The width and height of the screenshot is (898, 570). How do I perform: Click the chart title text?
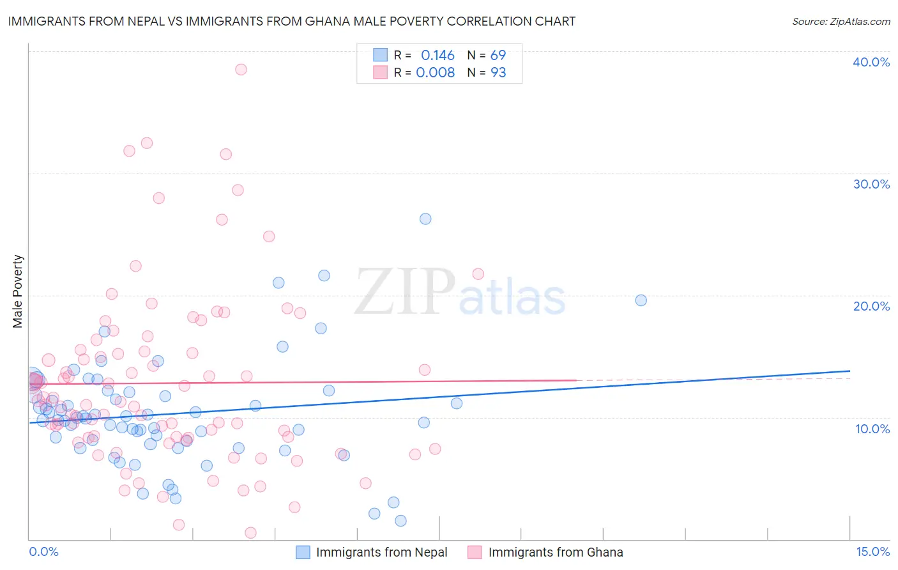pyautogui.click(x=291, y=21)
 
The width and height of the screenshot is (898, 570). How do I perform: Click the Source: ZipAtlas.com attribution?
pyautogui.click(x=841, y=21)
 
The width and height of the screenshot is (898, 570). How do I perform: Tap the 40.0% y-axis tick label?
pyautogui.click(x=871, y=62)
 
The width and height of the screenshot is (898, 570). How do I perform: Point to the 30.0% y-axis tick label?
pyautogui.click(x=871, y=184)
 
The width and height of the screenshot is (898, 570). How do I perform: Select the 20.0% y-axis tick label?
pyautogui.click(x=871, y=306)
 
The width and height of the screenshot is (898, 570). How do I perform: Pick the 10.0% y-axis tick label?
pyautogui.click(x=871, y=429)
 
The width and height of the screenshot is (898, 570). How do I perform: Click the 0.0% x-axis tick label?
pyautogui.click(x=43, y=551)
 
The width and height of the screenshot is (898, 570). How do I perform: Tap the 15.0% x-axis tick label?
pyautogui.click(x=872, y=551)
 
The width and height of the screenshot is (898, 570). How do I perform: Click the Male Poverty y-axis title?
pyautogui.click(x=18, y=291)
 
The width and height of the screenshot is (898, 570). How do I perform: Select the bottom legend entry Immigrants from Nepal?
pyautogui.click(x=381, y=552)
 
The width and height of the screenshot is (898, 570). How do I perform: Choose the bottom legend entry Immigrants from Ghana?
pyautogui.click(x=555, y=552)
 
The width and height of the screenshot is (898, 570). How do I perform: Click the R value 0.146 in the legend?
pyautogui.click(x=438, y=56)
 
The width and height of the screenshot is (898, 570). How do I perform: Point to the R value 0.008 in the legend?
pyautogui.click(x=435, y=72)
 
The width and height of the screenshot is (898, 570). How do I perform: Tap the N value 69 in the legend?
pyautogui.click(x=498, y=56)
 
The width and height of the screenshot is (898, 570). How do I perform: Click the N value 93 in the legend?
pyautogui.click(x=498, y=72)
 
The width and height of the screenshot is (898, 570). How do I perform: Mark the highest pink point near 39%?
pyautogui.click(x=241, y=69)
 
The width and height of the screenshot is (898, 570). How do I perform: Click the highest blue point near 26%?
pyautogui.click(x=425, y=219)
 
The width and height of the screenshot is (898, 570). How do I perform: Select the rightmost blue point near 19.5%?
pyautogui.click(x=641, y=300)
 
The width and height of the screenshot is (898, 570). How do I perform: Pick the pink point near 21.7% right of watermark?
pyautogui.click(x=478, y=274)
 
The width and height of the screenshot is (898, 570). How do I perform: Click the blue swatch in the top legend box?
pyautogui.click(x=381, y=55)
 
